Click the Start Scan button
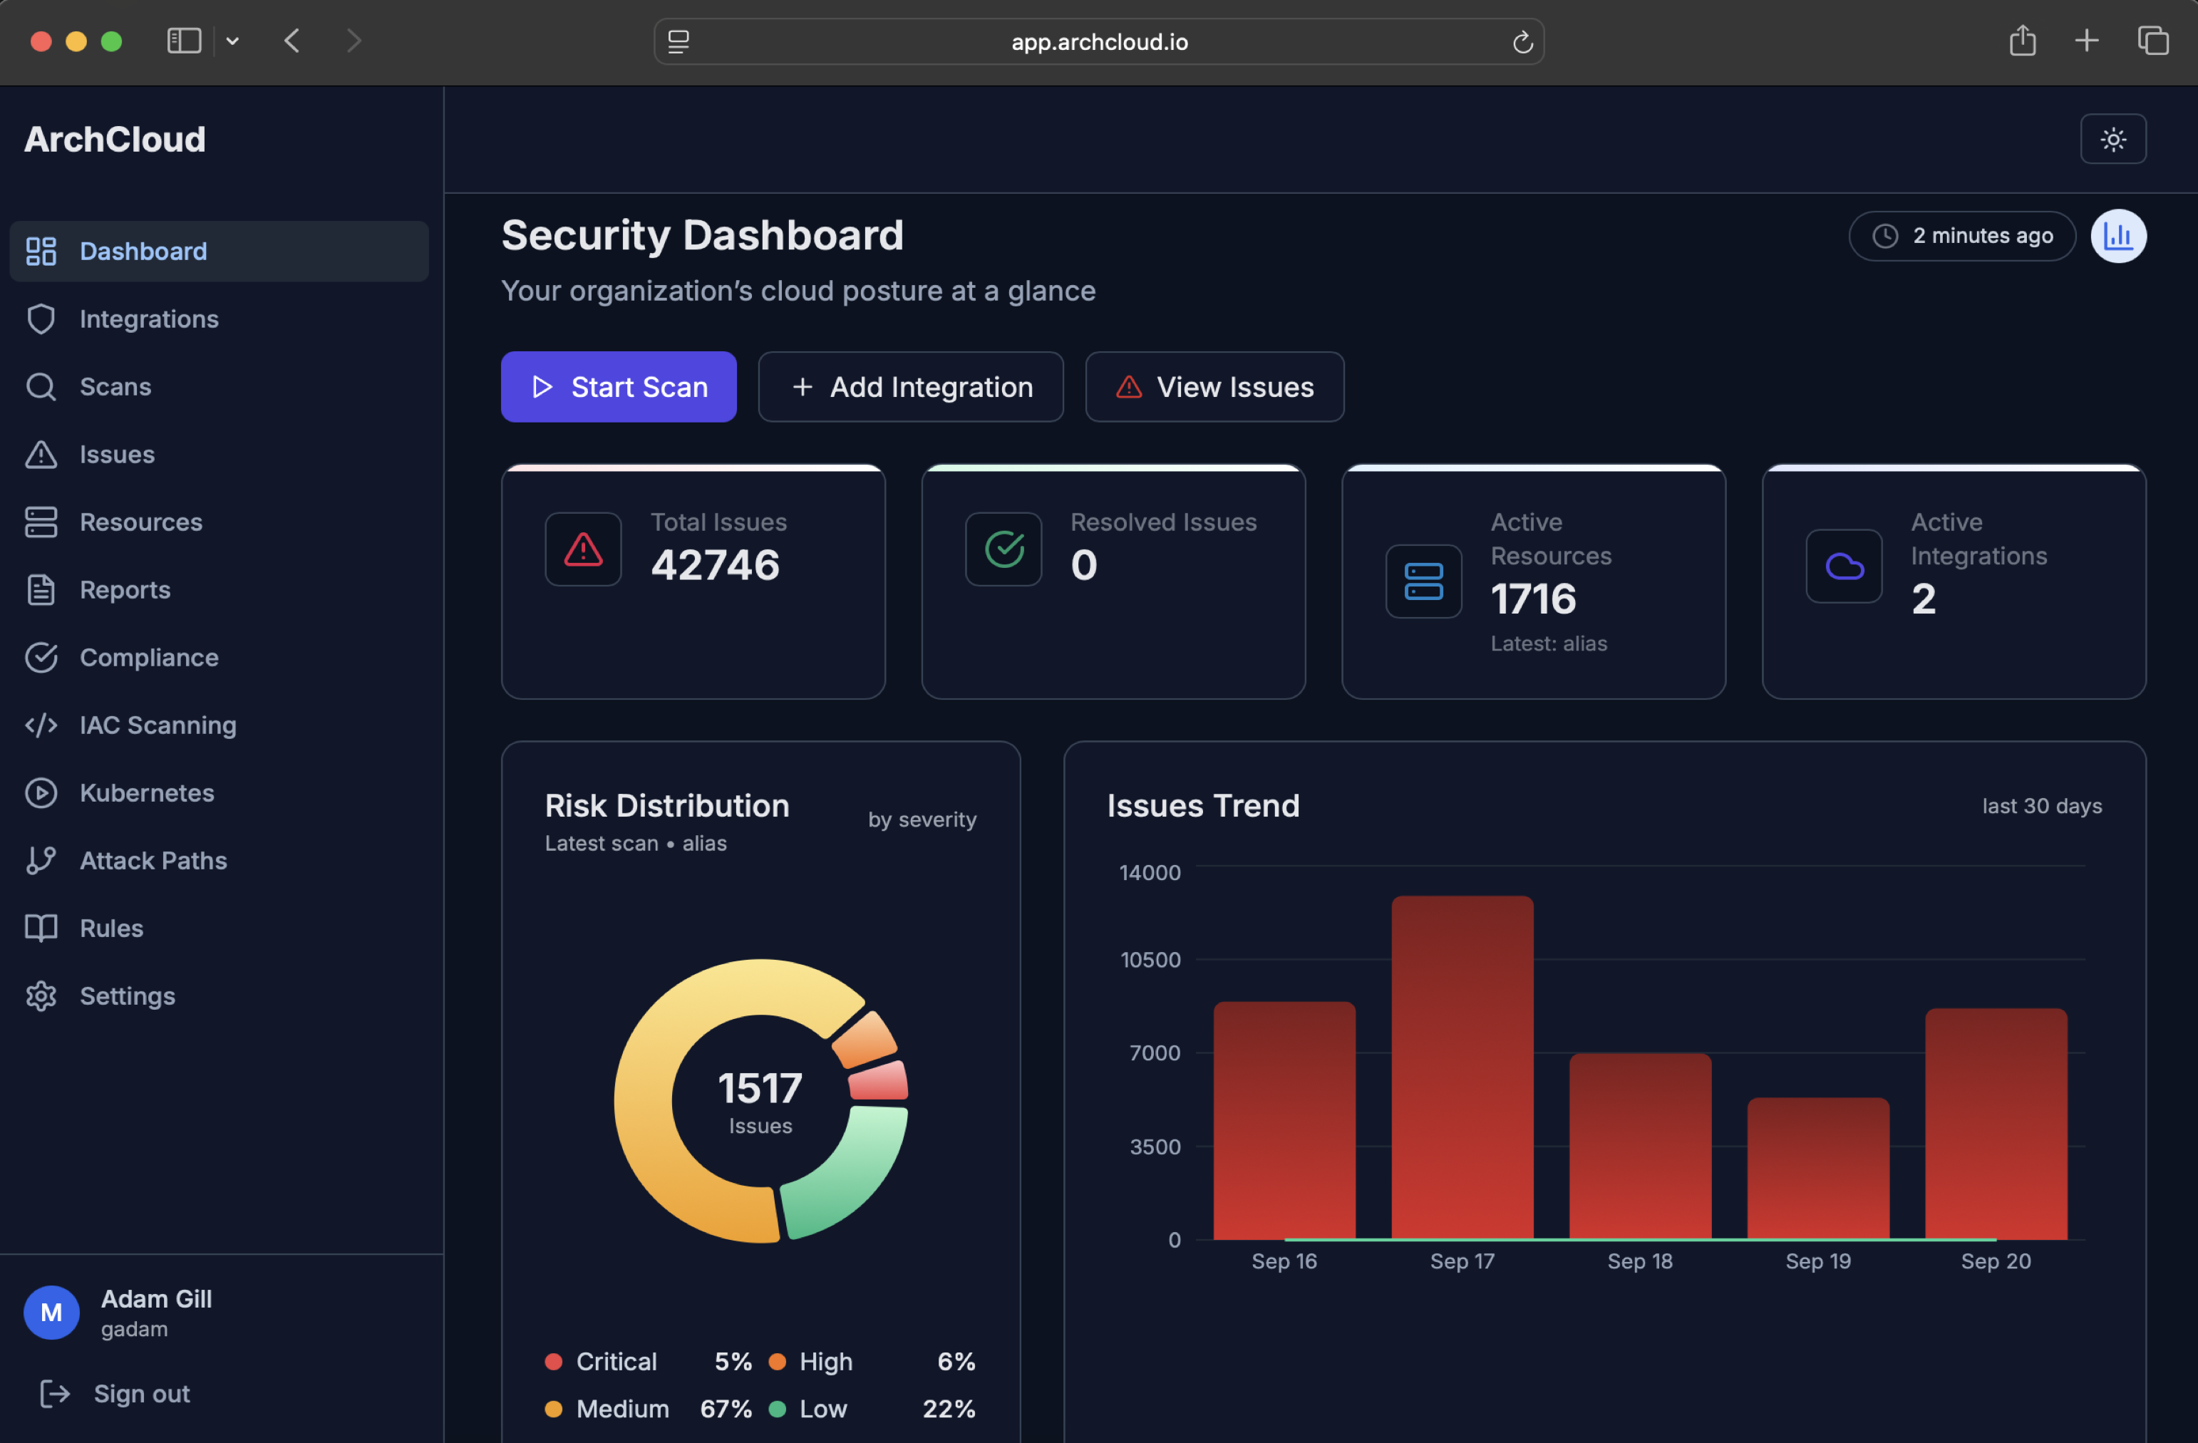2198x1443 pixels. tap(618, 387)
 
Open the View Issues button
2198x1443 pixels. tap(1214, 387)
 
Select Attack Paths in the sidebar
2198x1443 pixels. tap(153, 860)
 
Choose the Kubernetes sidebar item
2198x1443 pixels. tap(146, 792)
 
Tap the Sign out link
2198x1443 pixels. tap(140, 1393)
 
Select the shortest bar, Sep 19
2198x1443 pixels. tap(1817, 1168)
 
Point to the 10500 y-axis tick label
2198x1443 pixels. tap(1150, 959)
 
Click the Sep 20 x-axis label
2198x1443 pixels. tap(1995, 1261)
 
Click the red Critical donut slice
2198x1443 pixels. tap(878, 1081)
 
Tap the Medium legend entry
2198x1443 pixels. tap(621, 1409)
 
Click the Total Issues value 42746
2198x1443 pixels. tap(715, 565)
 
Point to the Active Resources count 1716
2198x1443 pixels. tap(1533, 599)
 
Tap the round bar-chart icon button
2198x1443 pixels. tap(2117, 237)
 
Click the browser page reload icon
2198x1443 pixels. tap(1522, 41)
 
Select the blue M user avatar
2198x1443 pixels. tap(52, 1312)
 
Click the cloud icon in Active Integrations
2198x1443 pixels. tap(1843, 566)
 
